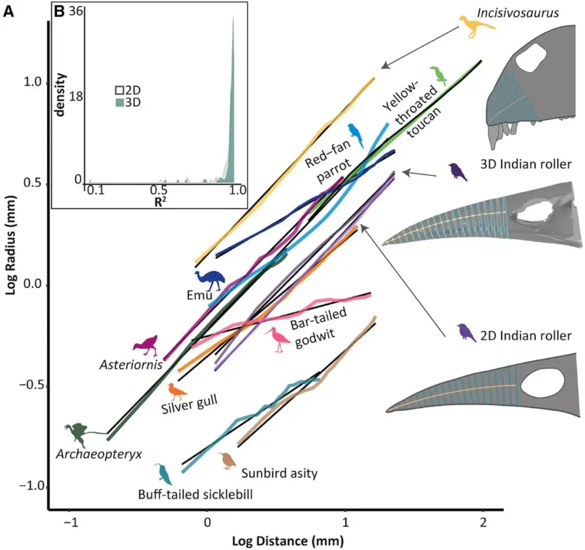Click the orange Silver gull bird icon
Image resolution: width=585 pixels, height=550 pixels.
point(177,392)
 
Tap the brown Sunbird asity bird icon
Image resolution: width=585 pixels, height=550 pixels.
point(228,460)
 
